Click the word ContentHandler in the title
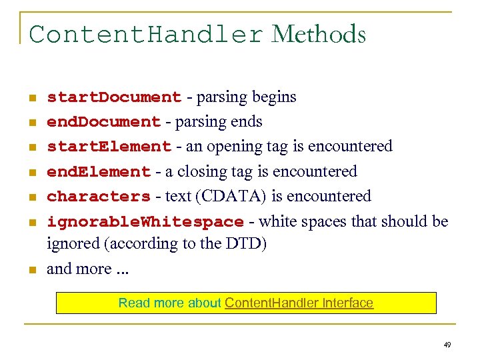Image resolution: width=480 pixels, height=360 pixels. point(147,34)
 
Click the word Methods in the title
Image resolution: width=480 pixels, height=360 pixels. point(319,34)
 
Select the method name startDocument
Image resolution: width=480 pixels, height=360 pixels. point(114,97)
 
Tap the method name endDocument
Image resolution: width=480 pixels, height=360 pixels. point(104,122)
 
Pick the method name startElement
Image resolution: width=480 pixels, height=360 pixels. point(109,147)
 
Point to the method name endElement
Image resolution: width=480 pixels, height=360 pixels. point(99,172)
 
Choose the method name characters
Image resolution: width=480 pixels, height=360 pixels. point(99,197)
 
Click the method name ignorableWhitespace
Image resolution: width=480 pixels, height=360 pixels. point(145,221)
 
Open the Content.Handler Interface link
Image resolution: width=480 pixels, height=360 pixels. point(299,303)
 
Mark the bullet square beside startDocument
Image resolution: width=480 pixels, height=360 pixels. point(31,98)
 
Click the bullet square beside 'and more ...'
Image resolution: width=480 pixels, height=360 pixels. point(31,270)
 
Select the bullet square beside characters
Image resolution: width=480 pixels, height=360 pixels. point(31,197)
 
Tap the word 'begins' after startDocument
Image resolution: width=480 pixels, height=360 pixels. point(274,97)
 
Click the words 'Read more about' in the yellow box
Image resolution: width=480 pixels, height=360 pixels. point(169,303)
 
